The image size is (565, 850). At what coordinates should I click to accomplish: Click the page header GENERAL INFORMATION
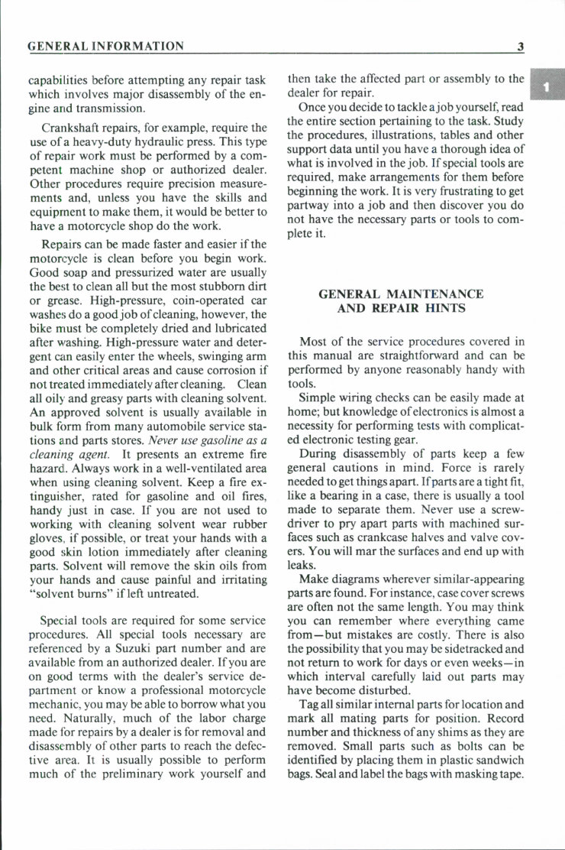click(x=105, y=47)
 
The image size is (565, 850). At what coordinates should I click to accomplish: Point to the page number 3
click(x=520, y=47)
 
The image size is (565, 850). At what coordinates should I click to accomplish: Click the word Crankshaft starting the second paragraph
click(x=73, y=127)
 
